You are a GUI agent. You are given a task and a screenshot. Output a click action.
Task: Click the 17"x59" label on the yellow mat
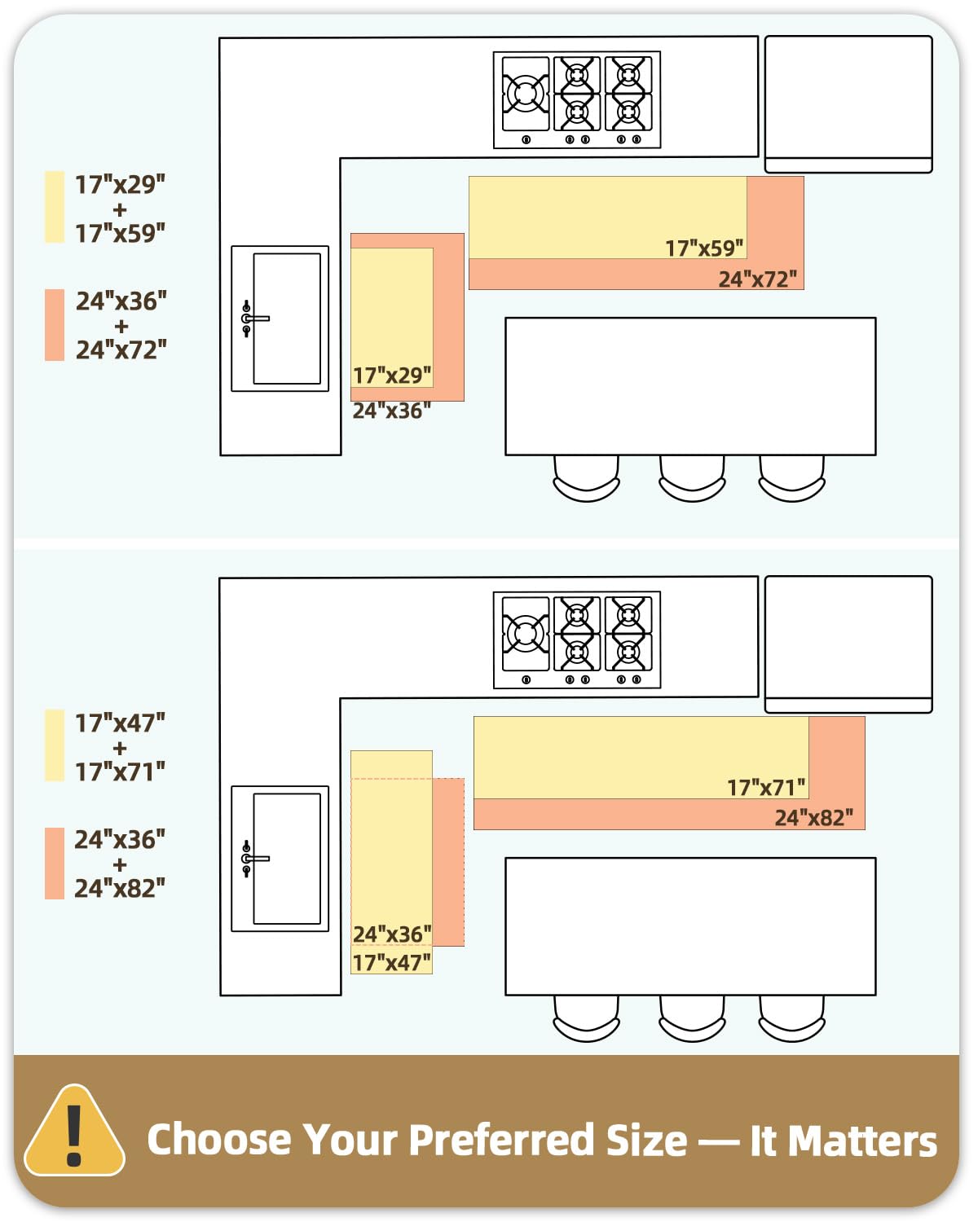pos(703,248)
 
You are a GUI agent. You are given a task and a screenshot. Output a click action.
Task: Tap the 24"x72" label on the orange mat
pos(757,279)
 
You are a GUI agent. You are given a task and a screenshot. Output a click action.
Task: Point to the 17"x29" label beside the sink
pos(392,376)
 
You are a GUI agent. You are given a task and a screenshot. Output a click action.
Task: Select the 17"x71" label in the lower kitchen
pos(766,788)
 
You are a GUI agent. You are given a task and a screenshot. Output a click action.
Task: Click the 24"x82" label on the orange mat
pos(813,818)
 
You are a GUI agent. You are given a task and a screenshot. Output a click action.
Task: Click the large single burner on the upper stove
pos(526,94)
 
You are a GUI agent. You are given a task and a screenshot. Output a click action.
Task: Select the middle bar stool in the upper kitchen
pos(692,478)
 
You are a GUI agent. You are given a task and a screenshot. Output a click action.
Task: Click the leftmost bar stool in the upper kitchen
pos(586,478)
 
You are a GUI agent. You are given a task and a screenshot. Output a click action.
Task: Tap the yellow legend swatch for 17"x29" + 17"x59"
pos(55,207)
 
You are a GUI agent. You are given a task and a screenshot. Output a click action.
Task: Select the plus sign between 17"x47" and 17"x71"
pos(119,748)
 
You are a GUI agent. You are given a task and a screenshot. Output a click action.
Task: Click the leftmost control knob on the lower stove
pos(526,679)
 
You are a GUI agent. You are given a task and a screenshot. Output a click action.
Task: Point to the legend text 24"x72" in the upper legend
pos(121,350)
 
